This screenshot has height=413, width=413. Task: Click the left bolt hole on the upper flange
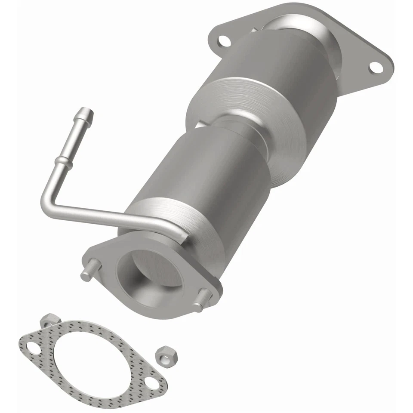223,42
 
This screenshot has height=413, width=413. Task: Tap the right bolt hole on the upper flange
375,67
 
